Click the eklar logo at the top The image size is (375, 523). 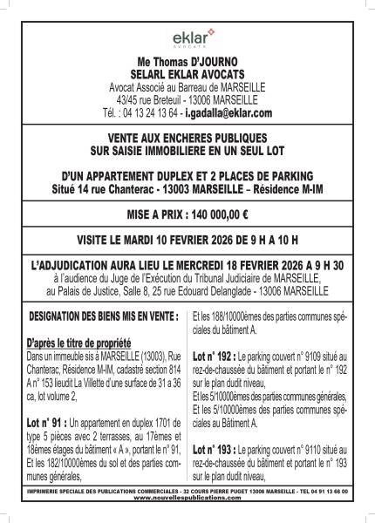pyautogui.click(x=187, y=38)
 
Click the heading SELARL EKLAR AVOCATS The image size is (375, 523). pyautogui.click(x=187, y=76)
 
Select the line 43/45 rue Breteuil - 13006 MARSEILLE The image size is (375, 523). pyautogui.click(x=187, y=100)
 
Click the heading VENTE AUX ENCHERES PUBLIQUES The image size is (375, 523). pyautogui.click(x=187, y=138)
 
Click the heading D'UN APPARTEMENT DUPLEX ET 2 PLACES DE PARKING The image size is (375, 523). pyautogui.click(x=187, y=175)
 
